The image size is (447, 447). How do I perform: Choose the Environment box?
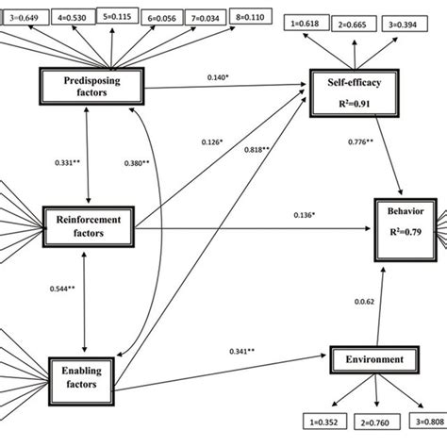pos(374,359)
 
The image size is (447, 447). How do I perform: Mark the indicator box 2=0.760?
pos(376,421)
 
